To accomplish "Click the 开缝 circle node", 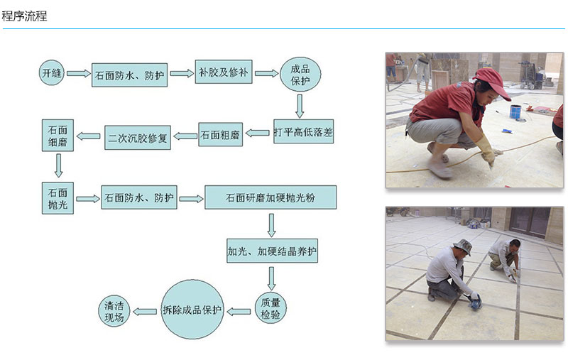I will point(51,72).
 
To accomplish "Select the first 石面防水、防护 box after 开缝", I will point(130,74).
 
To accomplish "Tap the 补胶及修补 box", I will point(224,72).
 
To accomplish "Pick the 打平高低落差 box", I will point(305,132).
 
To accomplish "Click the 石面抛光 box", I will point(58,197).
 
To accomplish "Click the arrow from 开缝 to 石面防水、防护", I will point(78,73).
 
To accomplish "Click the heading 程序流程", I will point(25,16).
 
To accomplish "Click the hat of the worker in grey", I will point(463,246).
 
